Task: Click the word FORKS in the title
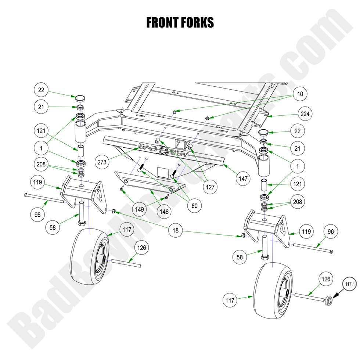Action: point(197,23)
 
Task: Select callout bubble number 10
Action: point(300,94)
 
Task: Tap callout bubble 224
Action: point(305,114)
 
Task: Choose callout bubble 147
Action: point(243,179)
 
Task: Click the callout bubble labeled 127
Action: point(210,187)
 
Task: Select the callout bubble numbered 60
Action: point(194,206)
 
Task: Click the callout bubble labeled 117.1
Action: point(350,284)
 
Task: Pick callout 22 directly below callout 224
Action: point(298,131)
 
